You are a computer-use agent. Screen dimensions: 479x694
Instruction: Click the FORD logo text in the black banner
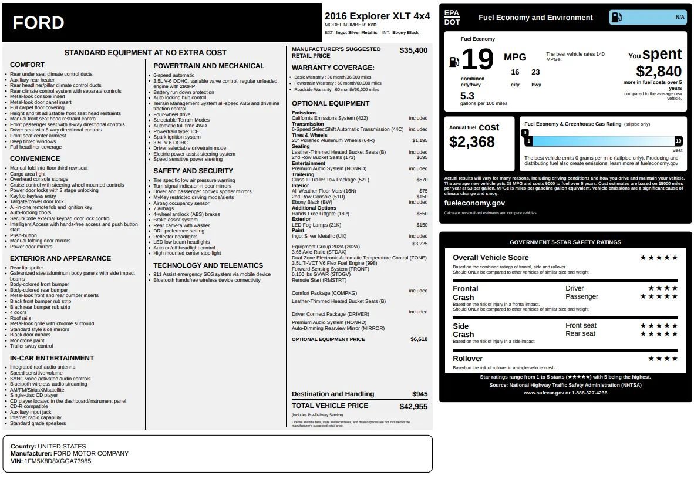point(39,23)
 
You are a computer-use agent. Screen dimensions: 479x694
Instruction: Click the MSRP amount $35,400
point(413,50)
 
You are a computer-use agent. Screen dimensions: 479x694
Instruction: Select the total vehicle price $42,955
point(413,406)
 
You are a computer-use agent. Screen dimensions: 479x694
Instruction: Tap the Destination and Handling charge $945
point(420,394)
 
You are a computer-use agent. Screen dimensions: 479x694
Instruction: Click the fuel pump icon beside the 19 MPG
point(454,62)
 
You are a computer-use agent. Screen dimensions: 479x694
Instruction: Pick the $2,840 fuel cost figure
point(659,72)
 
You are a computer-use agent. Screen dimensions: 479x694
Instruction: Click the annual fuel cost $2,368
point(471,141)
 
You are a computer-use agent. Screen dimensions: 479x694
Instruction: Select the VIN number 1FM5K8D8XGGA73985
point(58,461)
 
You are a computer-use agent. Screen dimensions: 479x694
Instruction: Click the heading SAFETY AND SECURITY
point(193,171)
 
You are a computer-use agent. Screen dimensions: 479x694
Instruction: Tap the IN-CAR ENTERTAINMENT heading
point(52,358)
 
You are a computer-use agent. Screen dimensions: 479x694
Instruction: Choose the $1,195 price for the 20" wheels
point(420,140)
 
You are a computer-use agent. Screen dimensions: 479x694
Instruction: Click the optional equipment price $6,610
point(419,339)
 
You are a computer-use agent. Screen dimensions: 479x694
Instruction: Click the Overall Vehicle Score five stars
point(658,258)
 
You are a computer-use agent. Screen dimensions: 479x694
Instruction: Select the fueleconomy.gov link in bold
point(474,203)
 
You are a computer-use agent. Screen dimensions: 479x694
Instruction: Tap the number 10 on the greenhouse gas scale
point(678,141)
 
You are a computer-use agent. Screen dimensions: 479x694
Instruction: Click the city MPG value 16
point(515,72)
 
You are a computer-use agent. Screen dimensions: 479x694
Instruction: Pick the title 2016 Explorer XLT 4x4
point(377,16)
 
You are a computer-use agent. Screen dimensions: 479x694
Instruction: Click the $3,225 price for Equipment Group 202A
point(420,243)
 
